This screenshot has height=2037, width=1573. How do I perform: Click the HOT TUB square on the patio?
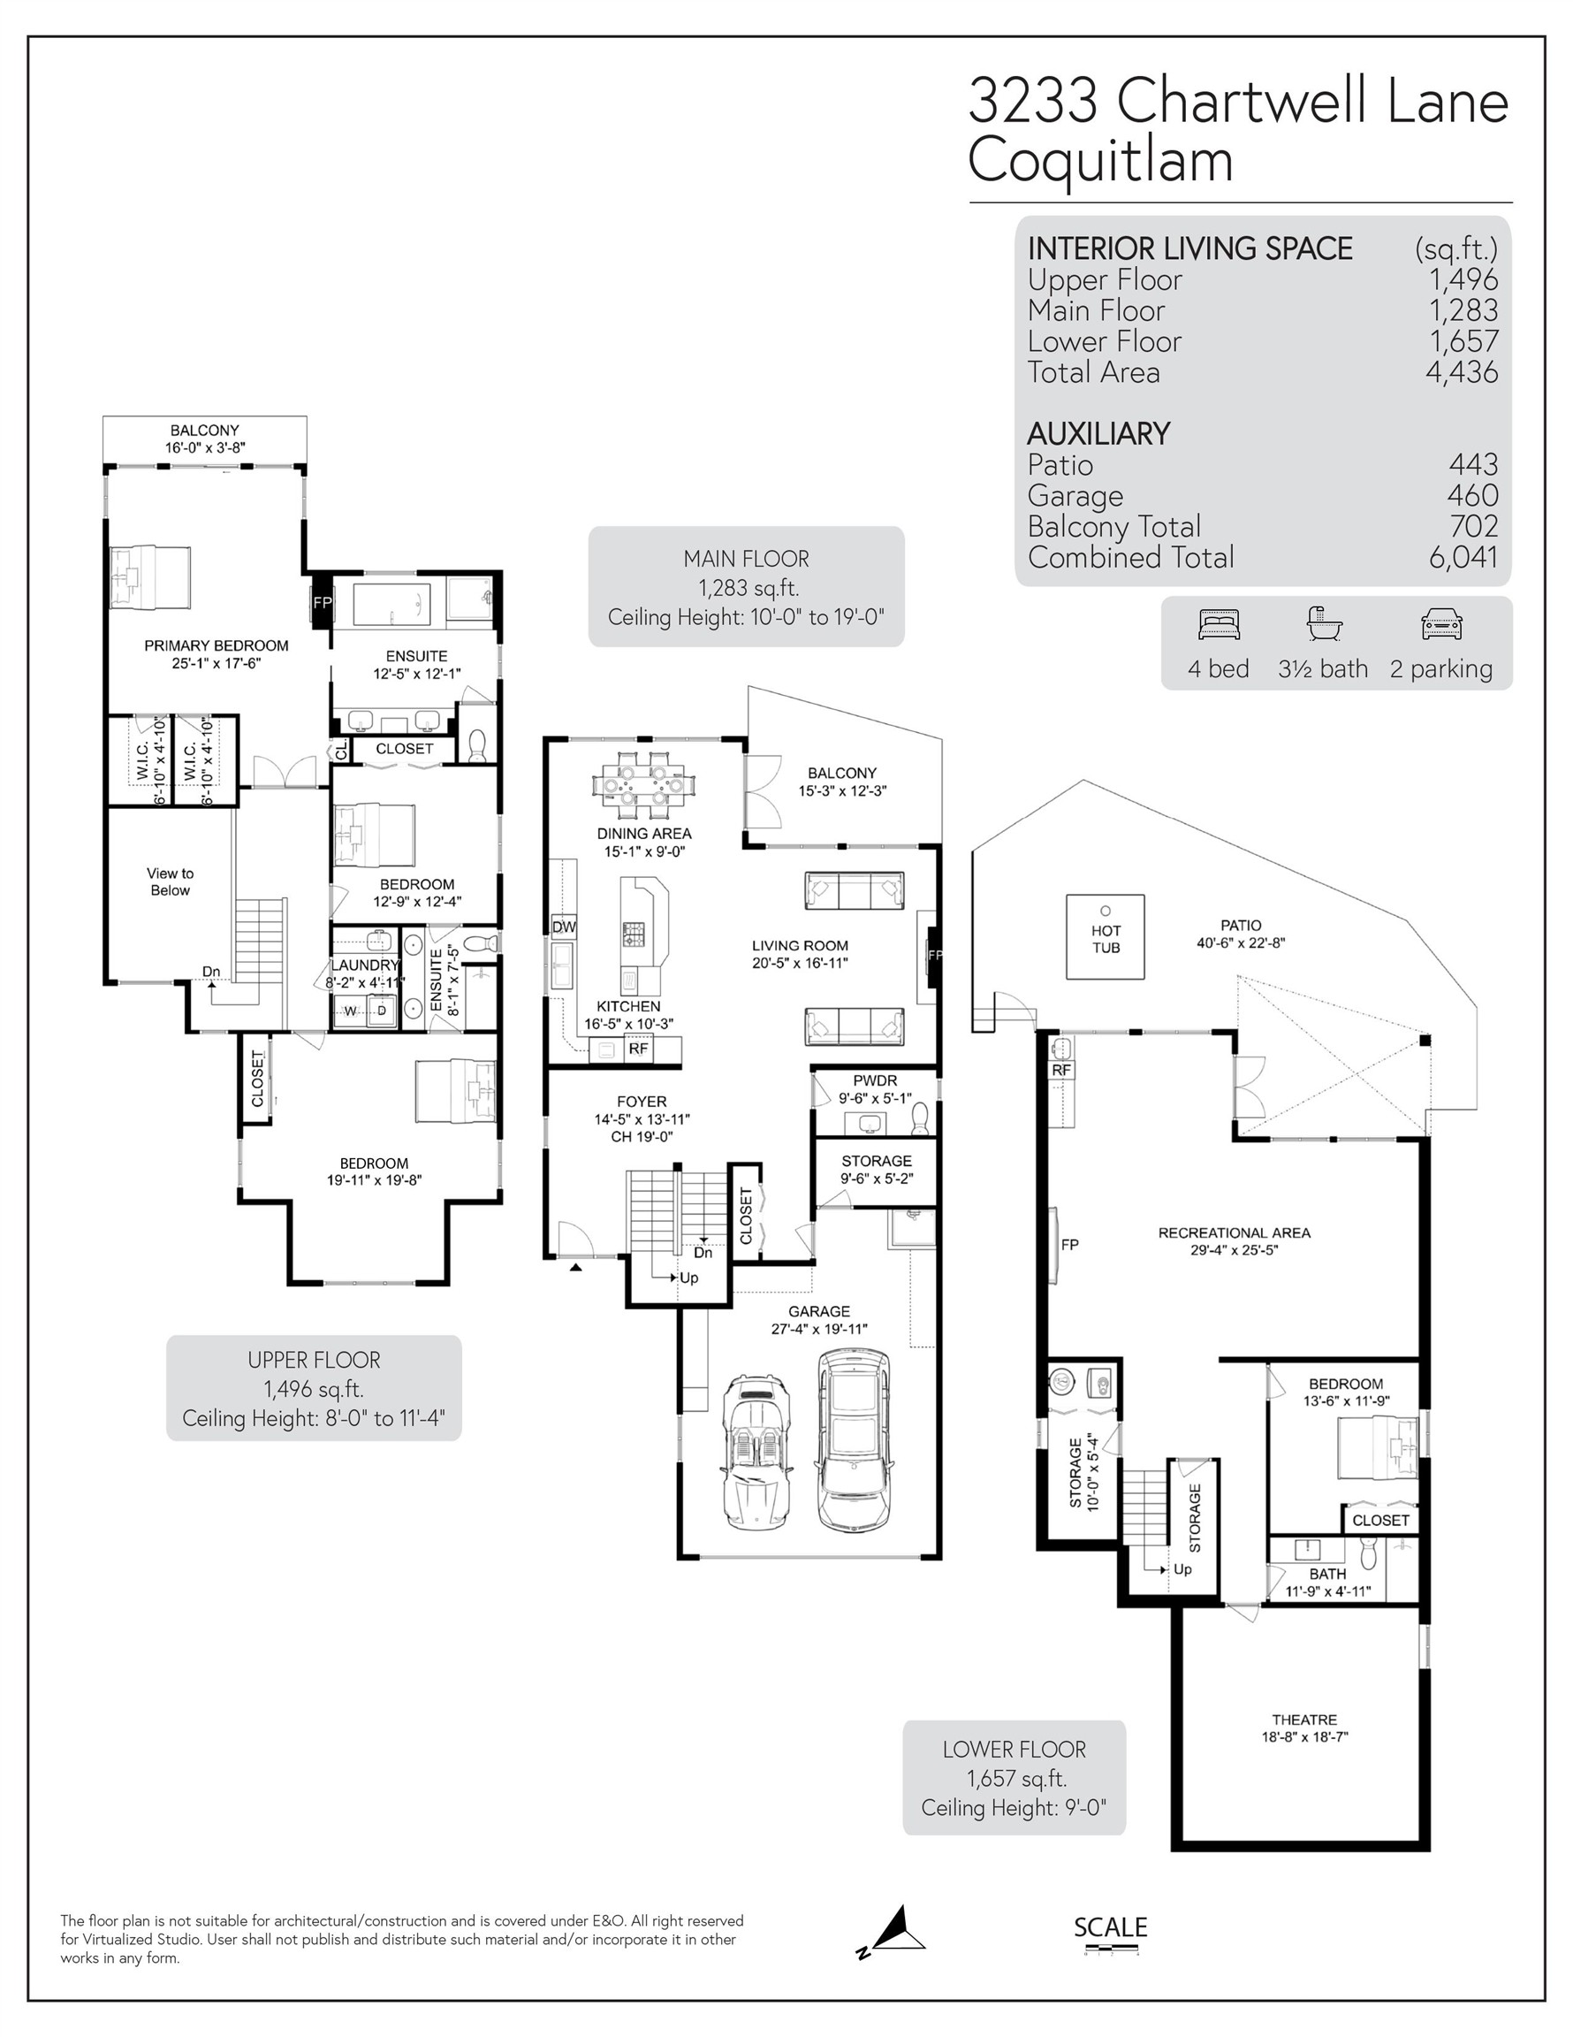click(x=1105, y=936)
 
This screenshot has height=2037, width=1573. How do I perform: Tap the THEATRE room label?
click(x=1303, y=1719)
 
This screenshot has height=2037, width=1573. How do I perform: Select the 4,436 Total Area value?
click(x=1461, y=372)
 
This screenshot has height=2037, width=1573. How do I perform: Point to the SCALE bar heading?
click(x=1110, y=1927)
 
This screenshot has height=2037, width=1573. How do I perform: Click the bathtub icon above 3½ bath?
click(x=1322, y=623)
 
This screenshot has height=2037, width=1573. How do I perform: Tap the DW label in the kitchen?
click(x=563, y=927)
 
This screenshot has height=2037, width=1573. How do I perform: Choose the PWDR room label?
click(x=874, y=1081)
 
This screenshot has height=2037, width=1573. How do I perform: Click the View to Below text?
click(x=170, y=881)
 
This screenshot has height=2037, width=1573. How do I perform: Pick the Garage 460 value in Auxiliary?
click(x=1472, y=495)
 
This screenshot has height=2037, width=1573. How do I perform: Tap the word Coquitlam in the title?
click(x=1100, y=160)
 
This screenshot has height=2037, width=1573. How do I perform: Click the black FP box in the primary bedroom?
click(x=321, y=602)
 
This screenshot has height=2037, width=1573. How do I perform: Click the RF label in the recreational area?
click(x=1061, y=1070)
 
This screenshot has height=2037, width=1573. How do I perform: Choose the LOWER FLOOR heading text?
click(x=1014, y=1750)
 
